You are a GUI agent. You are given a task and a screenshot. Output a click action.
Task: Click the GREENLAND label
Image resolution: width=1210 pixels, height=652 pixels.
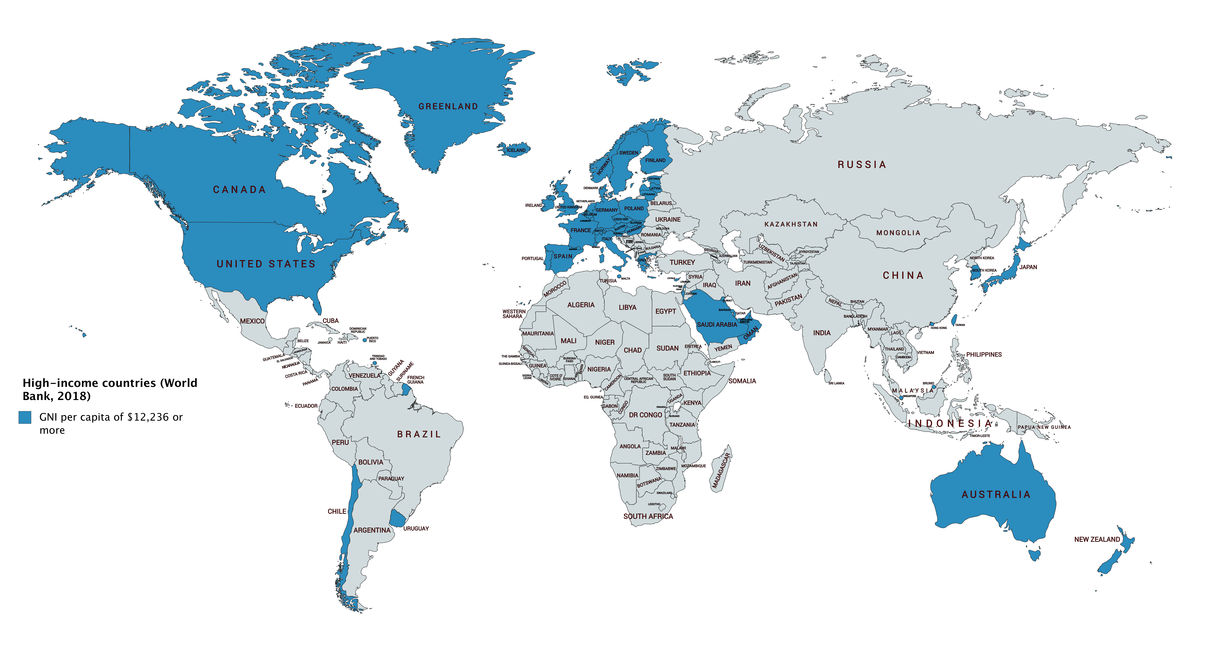tap(448, 107)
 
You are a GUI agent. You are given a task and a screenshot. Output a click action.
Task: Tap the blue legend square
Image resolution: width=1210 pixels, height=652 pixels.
tap(25, 417)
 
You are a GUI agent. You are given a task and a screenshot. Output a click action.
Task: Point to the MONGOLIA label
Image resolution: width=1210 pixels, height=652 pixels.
tap(898, 233)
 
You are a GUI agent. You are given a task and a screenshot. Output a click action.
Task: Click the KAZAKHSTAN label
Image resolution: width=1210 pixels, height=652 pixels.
tap(791, 224)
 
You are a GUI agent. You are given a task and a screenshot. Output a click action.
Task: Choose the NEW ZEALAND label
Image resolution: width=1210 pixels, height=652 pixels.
tap(1097, 539)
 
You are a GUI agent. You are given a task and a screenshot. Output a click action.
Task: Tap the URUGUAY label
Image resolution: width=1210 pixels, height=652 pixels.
tap(416, 529)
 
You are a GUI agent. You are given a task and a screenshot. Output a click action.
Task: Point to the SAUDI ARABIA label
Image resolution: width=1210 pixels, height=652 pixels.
tap(717, 325)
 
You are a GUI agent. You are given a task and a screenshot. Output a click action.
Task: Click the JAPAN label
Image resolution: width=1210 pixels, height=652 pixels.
tap(1028, 267)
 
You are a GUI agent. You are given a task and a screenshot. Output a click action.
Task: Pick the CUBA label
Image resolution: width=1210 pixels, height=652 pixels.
tap(330, 321)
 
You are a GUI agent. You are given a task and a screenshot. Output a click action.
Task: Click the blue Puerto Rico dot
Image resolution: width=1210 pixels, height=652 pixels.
tap(365, 340)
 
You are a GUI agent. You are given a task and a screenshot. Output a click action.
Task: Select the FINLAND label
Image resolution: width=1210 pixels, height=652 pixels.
tap(655, 160)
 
